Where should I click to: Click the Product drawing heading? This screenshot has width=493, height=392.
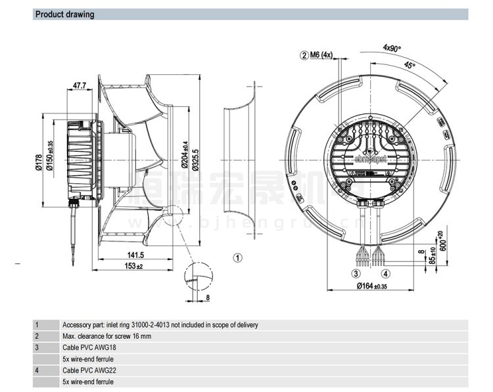coord(64,14)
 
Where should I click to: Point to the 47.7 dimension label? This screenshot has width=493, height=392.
coord(80,85)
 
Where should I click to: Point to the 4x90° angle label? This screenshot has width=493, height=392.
coord(392,47)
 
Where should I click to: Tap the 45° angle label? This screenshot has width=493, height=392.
coord(410,66)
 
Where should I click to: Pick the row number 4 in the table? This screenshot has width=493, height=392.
coord(37,370)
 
